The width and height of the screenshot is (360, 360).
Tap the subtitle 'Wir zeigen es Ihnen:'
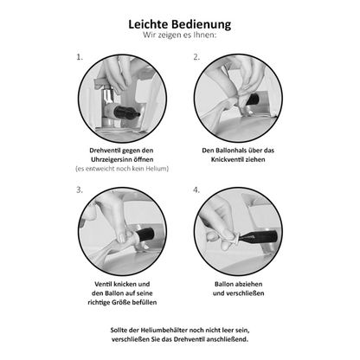tap(180, 37)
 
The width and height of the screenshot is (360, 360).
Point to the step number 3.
tap(80, 189)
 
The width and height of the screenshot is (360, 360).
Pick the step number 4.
tap(197, 189)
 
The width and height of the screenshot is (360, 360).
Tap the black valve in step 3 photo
tap(145, 234)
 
